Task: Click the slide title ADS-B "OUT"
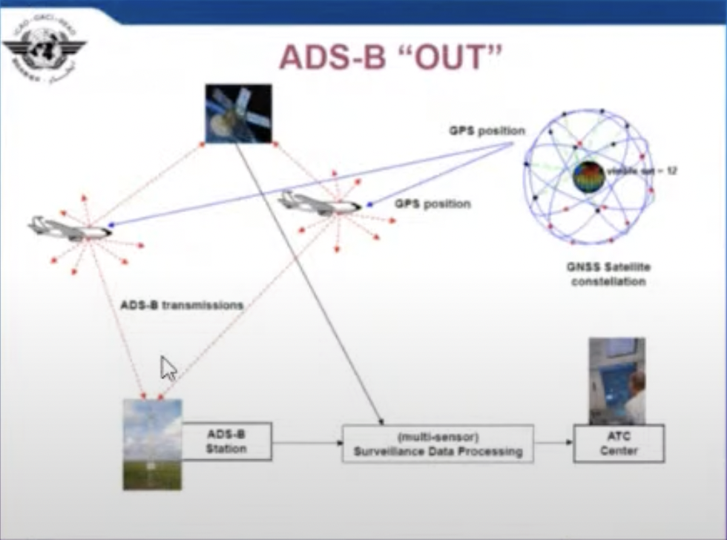coord(391,58)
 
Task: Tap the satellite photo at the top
coord(238,113)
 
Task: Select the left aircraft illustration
coord(70,228)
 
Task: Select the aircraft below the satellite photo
coord(319,202)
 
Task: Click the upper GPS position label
coord(487,131)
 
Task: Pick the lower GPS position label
coord(432,203)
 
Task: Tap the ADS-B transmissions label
coord(182,304)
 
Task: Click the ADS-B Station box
coord(226,441)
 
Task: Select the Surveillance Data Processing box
coord(438,444)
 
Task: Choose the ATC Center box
coord(618,443)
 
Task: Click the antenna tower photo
coord(152,444)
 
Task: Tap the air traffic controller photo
coord(616,381)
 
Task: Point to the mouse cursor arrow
coord(168,367)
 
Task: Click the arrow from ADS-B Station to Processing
coord(306,444)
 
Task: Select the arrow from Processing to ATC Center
coord(553,444)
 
